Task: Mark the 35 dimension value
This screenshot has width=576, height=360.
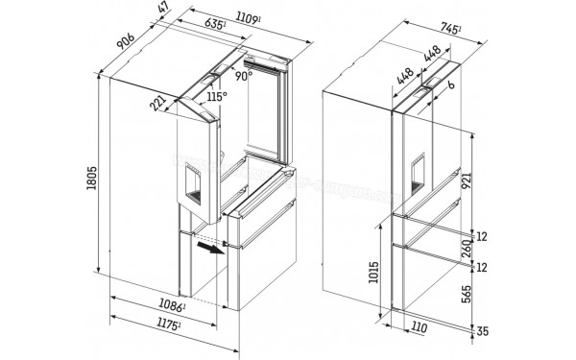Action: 487,332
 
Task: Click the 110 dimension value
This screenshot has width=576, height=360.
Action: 419,328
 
